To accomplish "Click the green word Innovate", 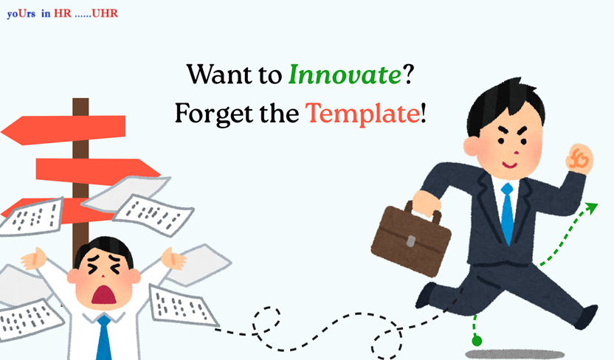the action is click(345, 75).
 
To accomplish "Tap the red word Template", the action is click(362, 114).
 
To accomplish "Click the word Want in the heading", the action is click(220, 75).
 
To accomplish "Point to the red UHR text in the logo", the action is click(105, 13).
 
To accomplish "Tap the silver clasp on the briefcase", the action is click(410, 241).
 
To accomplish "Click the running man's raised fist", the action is click(579, 159).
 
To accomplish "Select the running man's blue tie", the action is click(507, 214).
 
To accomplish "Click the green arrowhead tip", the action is click(598, 204).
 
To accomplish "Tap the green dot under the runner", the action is click(477, 341).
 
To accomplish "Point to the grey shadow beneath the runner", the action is click(514, 354).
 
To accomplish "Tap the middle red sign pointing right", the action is click(98, 171).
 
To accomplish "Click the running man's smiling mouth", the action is click(510, 165).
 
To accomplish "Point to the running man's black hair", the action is click(505, 105).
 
